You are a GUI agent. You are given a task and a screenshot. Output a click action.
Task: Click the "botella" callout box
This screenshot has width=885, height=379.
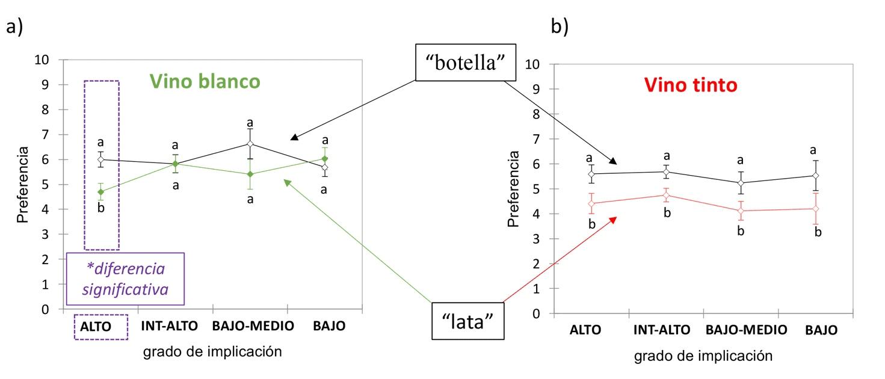[x=466, y=63]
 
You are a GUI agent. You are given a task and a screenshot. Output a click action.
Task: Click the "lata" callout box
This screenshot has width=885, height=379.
[x=468, y=319]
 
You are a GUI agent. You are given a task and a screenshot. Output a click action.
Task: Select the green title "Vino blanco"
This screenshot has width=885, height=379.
[x=205, y=82]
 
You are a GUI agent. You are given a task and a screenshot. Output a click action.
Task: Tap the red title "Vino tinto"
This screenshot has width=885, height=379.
[x=690, y=85]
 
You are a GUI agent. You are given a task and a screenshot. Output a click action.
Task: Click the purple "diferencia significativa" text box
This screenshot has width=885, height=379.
[x=125, y=279]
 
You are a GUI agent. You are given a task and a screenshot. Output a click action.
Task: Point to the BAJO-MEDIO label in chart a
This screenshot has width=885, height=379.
[x=253, y=327]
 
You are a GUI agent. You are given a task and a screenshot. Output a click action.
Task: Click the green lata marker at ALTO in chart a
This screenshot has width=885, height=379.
[x=101, y=192]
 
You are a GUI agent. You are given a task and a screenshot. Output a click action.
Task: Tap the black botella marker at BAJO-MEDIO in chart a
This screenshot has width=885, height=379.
[x=250, y=144]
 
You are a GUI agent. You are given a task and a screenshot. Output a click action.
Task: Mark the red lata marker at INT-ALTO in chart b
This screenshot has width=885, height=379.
[x=665, y=195]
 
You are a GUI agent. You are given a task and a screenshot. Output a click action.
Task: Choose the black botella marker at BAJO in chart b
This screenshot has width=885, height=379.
[x=815, y=176]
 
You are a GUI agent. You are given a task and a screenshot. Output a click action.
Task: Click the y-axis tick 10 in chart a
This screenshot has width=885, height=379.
[x=43, y=60]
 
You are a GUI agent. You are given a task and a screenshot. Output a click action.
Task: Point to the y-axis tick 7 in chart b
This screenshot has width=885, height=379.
[x=534, y=139]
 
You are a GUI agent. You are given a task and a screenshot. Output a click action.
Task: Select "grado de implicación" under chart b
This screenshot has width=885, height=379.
[x=703, y=356]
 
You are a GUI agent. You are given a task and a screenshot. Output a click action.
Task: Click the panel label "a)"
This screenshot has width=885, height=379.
[x=14, y=27]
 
